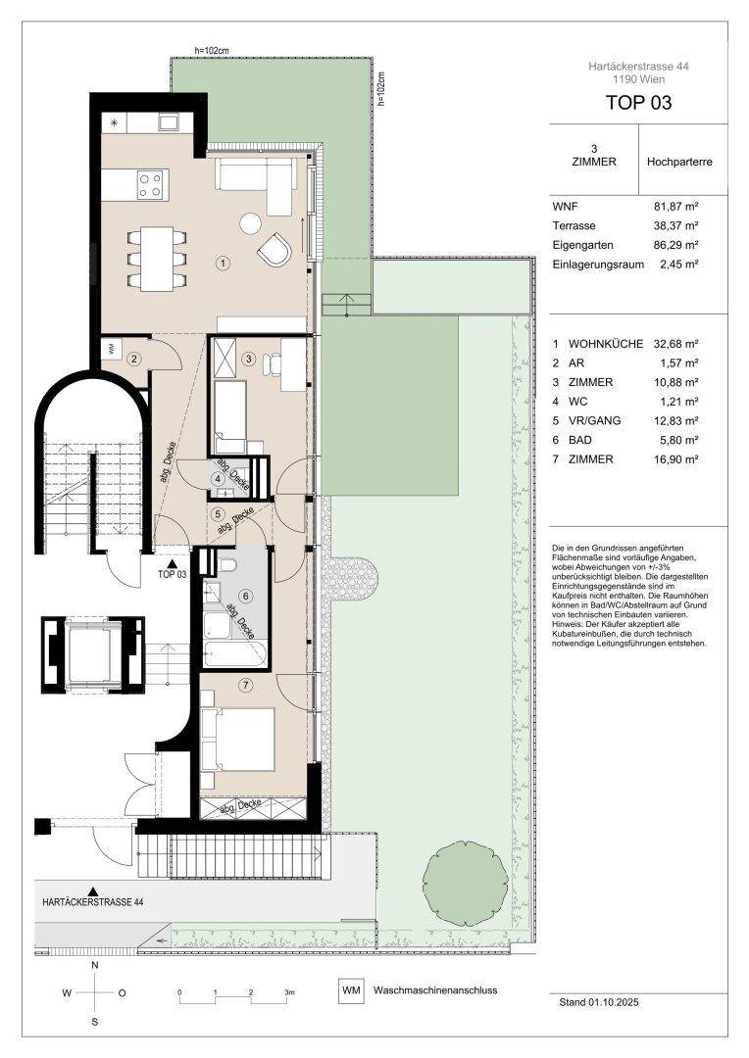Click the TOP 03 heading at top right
pos(638,103)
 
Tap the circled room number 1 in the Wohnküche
pos(223,264)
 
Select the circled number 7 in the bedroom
pos(246,686)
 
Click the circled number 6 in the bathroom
pos(246,596)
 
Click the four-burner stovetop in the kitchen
pos(150,184)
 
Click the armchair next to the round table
pos(275,250)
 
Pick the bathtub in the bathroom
pos(235,653)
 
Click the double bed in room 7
pos(238,739)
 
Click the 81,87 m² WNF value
pos(672,207)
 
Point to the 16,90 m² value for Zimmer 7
pos(675,458)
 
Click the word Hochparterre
pos(679,162)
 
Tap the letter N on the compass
pos(94,965)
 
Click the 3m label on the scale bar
pos(290,991)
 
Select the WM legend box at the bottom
pos(351,990)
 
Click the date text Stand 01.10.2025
pos(599,1002)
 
